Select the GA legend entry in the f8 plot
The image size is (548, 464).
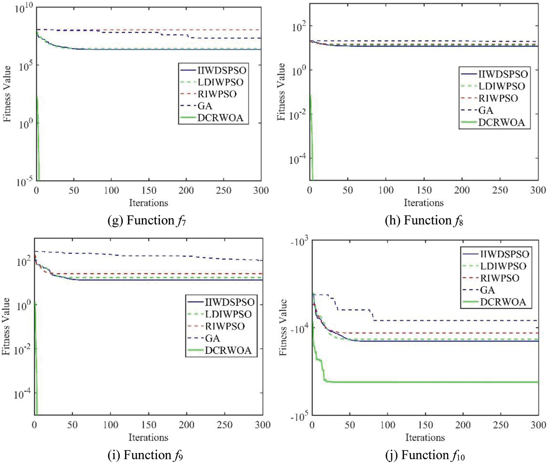click(486, 110)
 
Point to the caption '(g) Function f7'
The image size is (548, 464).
click(147, 221)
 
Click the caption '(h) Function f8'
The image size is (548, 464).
click(424, 221)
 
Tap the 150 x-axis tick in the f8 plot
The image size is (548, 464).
click(424, 190)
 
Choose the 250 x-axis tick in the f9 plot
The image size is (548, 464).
click(224, 425)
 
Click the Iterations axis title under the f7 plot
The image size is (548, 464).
click(148, 203)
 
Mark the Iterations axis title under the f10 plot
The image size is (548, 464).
click(425, 437)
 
